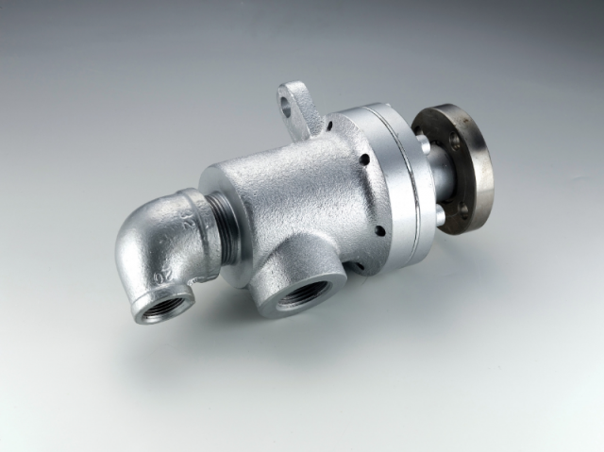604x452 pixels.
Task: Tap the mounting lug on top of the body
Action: [300, 106]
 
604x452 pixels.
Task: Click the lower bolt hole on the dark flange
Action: [464, 209]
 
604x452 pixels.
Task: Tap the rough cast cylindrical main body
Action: [283, 198]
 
